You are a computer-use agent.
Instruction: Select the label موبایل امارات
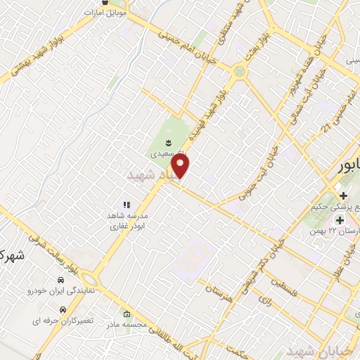point(105,13)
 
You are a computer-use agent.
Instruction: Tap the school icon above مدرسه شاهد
point(127,205)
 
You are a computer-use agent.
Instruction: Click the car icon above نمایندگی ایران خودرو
point(63,278)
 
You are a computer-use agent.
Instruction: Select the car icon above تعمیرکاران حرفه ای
point(63,309)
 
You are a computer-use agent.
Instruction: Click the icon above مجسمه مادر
point(127,314)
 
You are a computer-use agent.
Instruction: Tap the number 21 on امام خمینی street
point(326,127)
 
